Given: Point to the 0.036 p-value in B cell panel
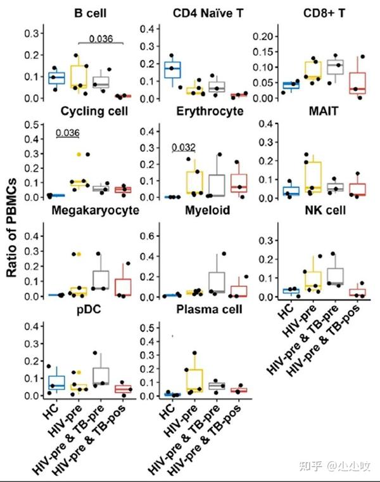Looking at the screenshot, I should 101,39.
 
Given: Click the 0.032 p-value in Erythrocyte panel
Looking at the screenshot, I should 184,148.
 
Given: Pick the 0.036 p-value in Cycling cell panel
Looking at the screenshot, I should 67,133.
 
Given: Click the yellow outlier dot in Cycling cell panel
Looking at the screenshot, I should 79,154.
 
